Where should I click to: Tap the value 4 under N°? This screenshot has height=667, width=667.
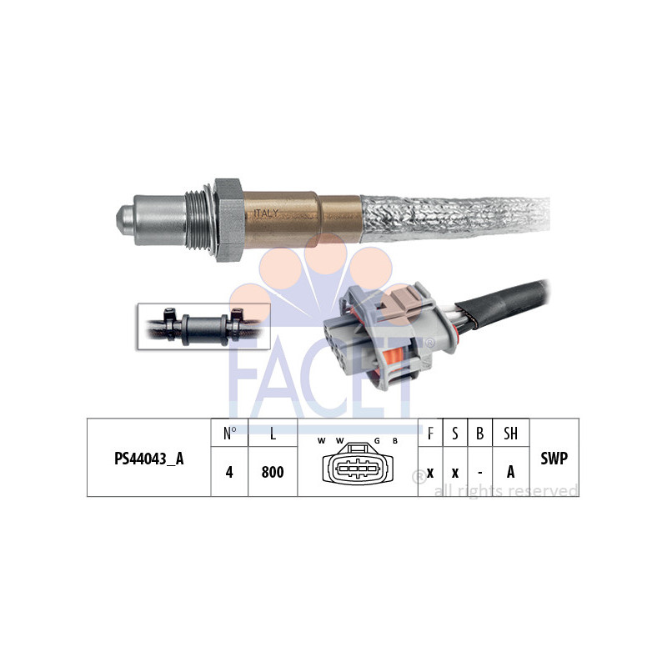[x=229, y=472]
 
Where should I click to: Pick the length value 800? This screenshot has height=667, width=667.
[x=272, y=472]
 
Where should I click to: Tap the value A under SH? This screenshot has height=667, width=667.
[x=510, y=472]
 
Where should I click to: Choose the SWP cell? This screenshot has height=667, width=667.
[x=554, y=458]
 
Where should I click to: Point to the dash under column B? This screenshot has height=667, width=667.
[x=479, y=472]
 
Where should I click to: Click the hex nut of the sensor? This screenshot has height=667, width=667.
[x=229, y=220]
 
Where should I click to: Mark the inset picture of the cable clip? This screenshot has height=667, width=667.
[x=203, y=325]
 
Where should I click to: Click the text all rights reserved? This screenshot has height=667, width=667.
[x=505, y=490]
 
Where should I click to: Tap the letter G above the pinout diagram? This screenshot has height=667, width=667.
[x=377, y=440]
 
